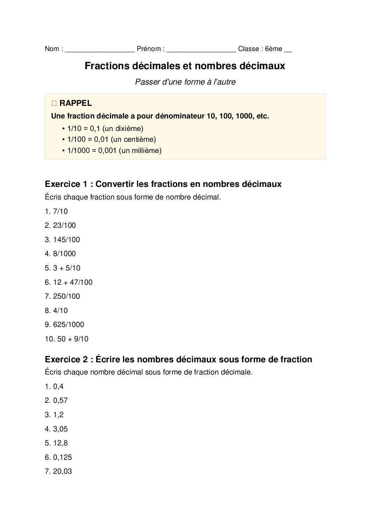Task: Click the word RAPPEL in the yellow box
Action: (x=76, y=103)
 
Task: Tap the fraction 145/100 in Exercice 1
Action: (x=66, y=240)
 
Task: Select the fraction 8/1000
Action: (x=64, y=254)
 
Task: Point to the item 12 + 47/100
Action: (x=73, y=282)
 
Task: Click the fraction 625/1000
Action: (x=69, y=325)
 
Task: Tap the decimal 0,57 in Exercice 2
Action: (x=61, y=401)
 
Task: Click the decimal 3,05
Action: (x=61, y=429)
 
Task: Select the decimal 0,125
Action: (x=63, y=457)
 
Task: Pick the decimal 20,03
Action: (x=63, y=472)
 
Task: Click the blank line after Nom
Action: (x=100, y=49)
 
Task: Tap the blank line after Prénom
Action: (x=201, y=49)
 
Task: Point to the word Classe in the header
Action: (x=248, y=49)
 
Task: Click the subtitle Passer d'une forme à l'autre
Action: (x=185, y=82)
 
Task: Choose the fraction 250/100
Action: (x=66, y=296)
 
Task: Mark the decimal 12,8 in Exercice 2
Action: (x=61, y=443)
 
